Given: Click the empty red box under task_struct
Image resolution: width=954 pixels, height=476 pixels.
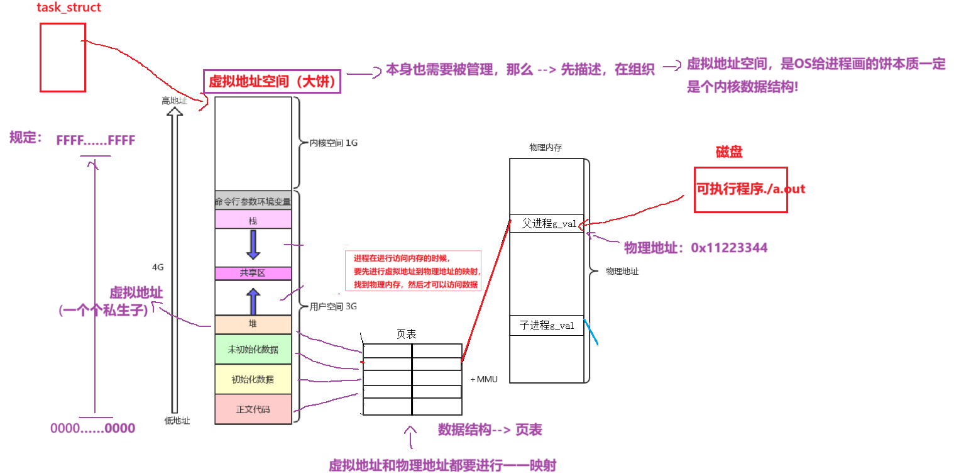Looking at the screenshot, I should pos(62,58).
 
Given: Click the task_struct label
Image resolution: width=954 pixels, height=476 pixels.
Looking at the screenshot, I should pos(69,8).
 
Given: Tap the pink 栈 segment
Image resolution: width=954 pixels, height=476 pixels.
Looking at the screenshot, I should pos(253,219).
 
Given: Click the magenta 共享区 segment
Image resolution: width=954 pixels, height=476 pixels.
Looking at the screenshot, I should pos(253,274).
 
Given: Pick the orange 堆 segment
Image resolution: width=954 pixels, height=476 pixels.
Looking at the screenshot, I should pos(253,324).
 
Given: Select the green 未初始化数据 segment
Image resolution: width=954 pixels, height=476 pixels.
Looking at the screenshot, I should pos(253,349).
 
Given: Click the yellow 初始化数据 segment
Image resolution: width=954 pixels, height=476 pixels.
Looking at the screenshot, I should pos(253,380).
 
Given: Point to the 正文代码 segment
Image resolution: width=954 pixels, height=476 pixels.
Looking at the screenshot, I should pos(253,409).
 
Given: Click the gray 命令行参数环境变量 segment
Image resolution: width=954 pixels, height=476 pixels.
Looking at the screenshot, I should pos(253,201).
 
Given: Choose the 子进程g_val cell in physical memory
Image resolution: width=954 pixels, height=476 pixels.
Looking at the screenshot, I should pos(546,326).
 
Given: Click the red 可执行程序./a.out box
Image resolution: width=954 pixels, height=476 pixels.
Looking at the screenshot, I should pos(740,189).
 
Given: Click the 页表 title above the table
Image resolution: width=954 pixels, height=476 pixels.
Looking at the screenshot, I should pos(405,334).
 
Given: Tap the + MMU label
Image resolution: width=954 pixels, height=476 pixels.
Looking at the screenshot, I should pos(484,379).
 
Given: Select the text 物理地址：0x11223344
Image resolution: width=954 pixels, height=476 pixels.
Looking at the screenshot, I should pos(695,248).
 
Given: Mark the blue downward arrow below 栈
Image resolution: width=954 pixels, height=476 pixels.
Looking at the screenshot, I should pos(253,245).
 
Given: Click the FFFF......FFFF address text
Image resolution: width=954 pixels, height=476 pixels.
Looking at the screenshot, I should pos(96,140).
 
